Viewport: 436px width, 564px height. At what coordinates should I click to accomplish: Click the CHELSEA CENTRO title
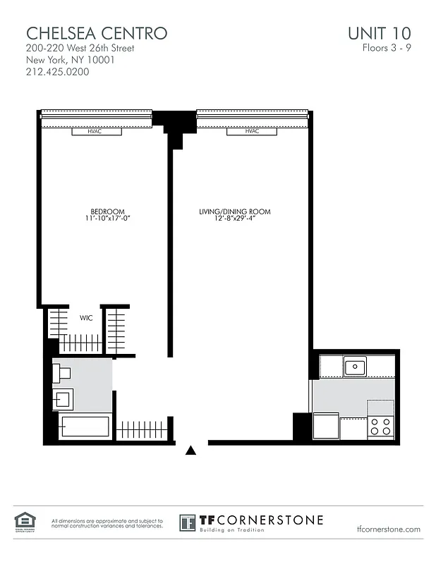[x=97, y=32]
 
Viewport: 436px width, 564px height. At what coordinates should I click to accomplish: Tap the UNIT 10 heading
[x=379, y=32]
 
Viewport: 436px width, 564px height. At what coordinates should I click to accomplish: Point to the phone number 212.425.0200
[x=57, y=72]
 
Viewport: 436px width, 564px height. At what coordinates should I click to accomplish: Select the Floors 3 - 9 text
[x=386, y=49]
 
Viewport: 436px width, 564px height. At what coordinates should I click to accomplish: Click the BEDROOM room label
[x=107, y=211]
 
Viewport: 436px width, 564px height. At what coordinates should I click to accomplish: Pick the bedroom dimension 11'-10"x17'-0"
[x=107, y=219]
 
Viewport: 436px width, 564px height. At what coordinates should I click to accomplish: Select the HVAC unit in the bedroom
[x=96, y=132]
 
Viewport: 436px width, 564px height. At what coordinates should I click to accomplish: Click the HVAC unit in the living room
[x=252, y=132]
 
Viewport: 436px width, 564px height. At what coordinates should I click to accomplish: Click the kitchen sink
[x=354, y=367]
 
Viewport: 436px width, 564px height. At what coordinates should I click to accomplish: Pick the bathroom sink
[x=62, y=400]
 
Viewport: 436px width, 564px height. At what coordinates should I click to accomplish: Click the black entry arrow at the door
[x=190, y=450]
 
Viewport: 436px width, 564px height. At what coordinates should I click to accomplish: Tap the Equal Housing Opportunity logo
[x=23, y=522]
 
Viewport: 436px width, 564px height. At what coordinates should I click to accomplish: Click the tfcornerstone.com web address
[x=389, y=529]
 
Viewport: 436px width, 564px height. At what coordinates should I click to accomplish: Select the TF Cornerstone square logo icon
[x=188, y=523]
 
